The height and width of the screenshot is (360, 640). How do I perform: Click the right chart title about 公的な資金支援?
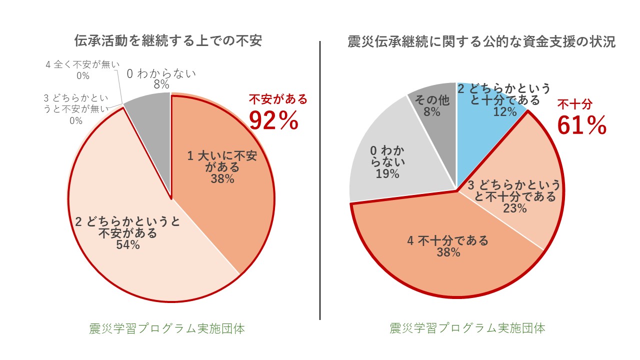click(x=481, y=42)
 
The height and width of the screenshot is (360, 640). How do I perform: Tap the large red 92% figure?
click(x=274, y=120)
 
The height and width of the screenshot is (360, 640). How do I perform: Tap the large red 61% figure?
click(x=581, y=125)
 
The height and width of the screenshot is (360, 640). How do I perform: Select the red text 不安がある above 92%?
click(x=278, y=99)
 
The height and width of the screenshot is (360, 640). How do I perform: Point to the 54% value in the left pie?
click(x=127, y=245)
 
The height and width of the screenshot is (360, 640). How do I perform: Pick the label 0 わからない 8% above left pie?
click(x=161, y=79)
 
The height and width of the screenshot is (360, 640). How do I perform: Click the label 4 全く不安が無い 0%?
click(x=82, y=70)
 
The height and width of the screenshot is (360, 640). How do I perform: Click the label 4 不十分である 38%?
click(x=447, y=246)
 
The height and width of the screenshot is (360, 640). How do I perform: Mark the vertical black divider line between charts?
click(x=320, y=180)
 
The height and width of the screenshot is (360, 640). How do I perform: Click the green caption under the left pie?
click(x=167, y=328)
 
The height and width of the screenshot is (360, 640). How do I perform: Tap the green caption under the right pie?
click(x=467, y=328)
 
